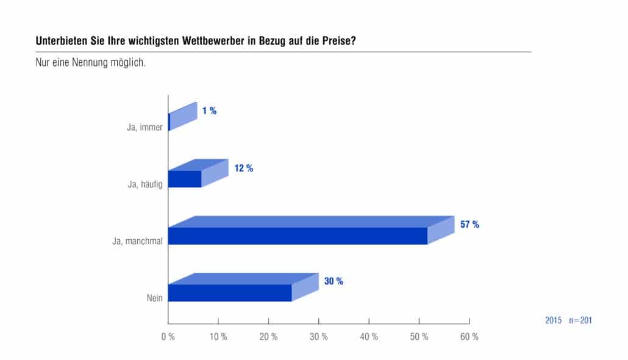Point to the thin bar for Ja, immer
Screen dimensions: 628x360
pyautogui.click(x=169, y=122)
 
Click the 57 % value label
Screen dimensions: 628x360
pyautogui.click(x=469, y=225)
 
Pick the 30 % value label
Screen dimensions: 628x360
pyautogui.click(x=334, y=281)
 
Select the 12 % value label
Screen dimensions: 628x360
pyautogui.click(x=243, y=168)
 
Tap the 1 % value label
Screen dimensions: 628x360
pyautogui.click(x=209, y=110)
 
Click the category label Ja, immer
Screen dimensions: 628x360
pyautogui.click(x=145, y=128)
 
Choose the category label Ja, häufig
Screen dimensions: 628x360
pyautogui.click(x=145, y=184)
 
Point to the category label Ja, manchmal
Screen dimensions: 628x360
pyautogui.click(x=137, y=241)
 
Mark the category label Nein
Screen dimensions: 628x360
pyautogui.click(x=155, y=298)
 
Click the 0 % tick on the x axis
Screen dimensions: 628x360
pyautogui.click(x=168, y=337)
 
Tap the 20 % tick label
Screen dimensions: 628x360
pyautogui.click(x=268, y=337)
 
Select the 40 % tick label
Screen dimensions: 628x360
pyautogui.click(x=369, y=337)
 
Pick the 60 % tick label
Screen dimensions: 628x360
pyautogui.click(x=469, y=337)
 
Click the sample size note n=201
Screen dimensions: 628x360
pyautogui.click(x=580, y=320)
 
